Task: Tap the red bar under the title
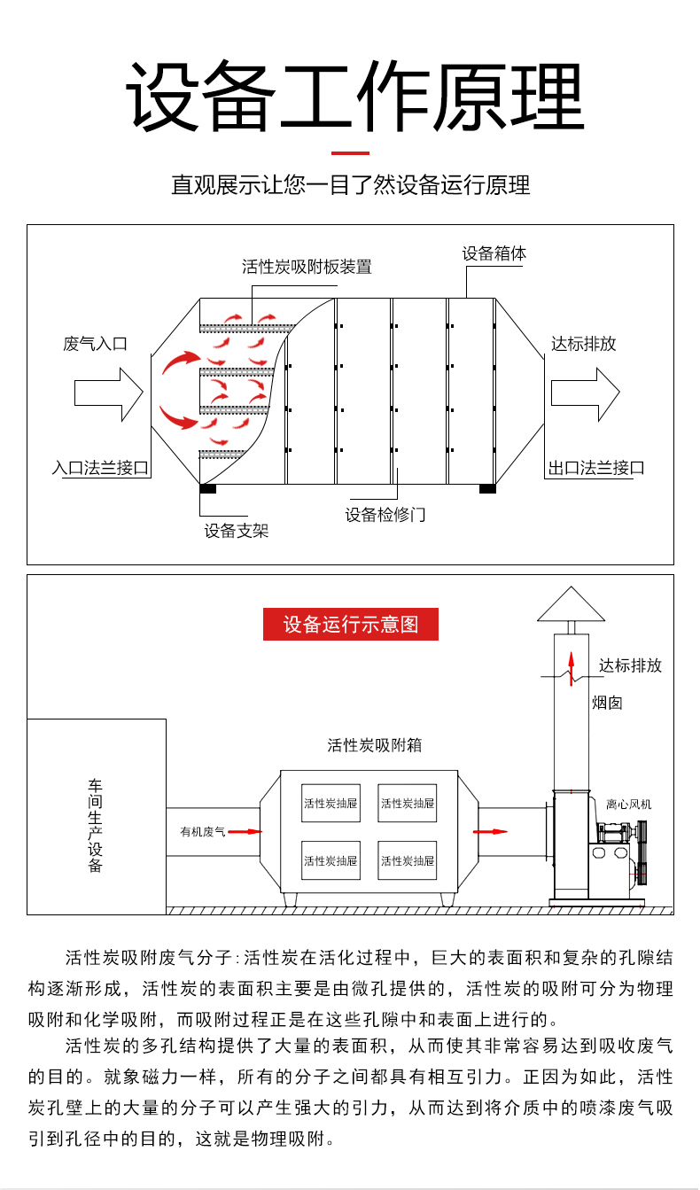(350, 153)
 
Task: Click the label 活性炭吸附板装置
(307, 267)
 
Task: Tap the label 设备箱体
(494, 253)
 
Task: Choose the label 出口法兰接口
(595, 468)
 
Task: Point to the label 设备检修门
(385, 515)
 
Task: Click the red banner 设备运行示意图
(350, 624)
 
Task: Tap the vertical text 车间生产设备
(96, 825)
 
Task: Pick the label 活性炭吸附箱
(374, 745)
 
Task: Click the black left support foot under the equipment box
(208, 488)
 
